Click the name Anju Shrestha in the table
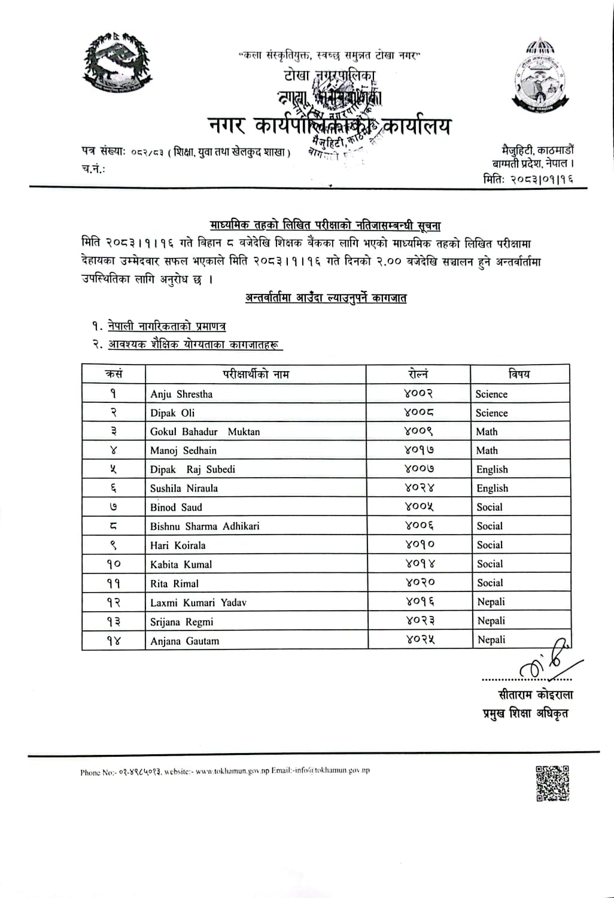click(x=181, y=394)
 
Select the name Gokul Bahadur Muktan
click(x=205, y=432)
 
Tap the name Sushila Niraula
click(x=184, y=489)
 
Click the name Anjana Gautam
click(x=184, y=641)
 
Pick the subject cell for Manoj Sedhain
click(x=487, y=450)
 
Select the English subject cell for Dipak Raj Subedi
click(x=492, y=469)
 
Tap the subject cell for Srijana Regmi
click(x=491, y=621)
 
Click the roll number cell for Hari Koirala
click(x=419, y=545)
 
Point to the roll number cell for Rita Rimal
click(x=419, y=583)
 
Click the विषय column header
click(x=519, y=374)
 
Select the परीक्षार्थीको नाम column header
click(x=256, y=374)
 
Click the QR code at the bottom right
click(x=552, y=783)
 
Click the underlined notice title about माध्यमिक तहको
click(x=326, y=226)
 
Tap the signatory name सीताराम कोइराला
click(x=536, y=695)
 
